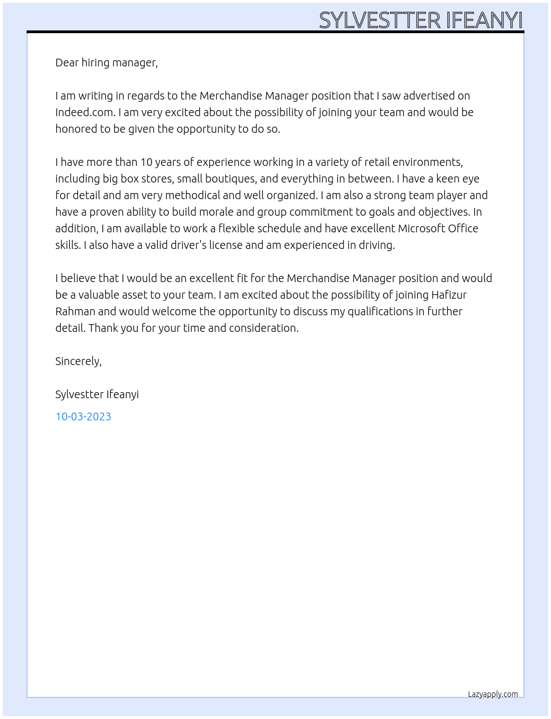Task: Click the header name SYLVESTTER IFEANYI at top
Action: point(420,20)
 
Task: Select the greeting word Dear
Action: point(67,62)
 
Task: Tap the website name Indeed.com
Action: point(85,112)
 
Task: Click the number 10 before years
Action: point(146,162)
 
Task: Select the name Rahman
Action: point(75,311)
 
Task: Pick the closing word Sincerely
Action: point(78,361)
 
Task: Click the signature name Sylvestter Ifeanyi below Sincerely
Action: point(97,394)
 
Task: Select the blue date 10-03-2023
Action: point(83,416)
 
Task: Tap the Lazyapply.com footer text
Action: point(493,694)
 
